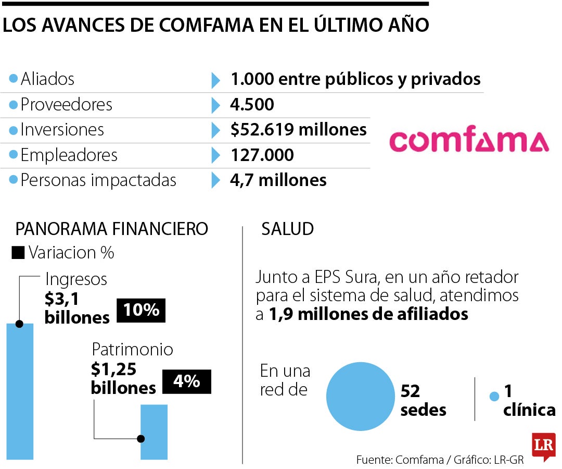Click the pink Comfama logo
[469, 141]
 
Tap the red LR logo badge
[543, 446]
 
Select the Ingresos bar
[20, 391]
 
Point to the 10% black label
[141, 311]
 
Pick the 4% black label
[187, 381]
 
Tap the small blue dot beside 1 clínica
[495, 397]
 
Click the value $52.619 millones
[299, 130]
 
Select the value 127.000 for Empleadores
[262, 155]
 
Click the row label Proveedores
[66, 105]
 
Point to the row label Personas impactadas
[98, 180]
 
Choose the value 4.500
[252, 105]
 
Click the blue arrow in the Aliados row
[215, 80]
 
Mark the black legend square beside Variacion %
[18, 253]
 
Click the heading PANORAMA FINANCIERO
[111, 229]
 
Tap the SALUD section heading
[287, 229]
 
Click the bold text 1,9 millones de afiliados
[368, 314]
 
